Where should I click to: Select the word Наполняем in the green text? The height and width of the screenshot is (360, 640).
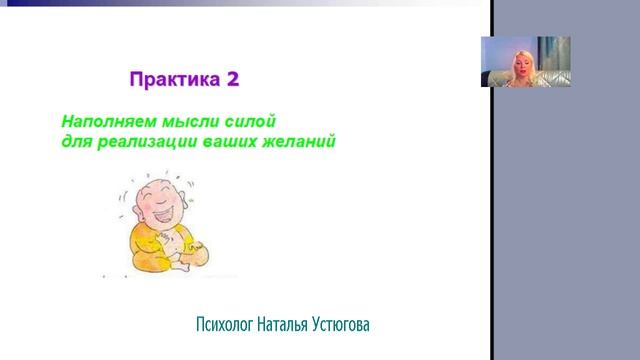coord(107,122)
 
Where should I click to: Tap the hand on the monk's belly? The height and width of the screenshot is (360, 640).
coord(177,240)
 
